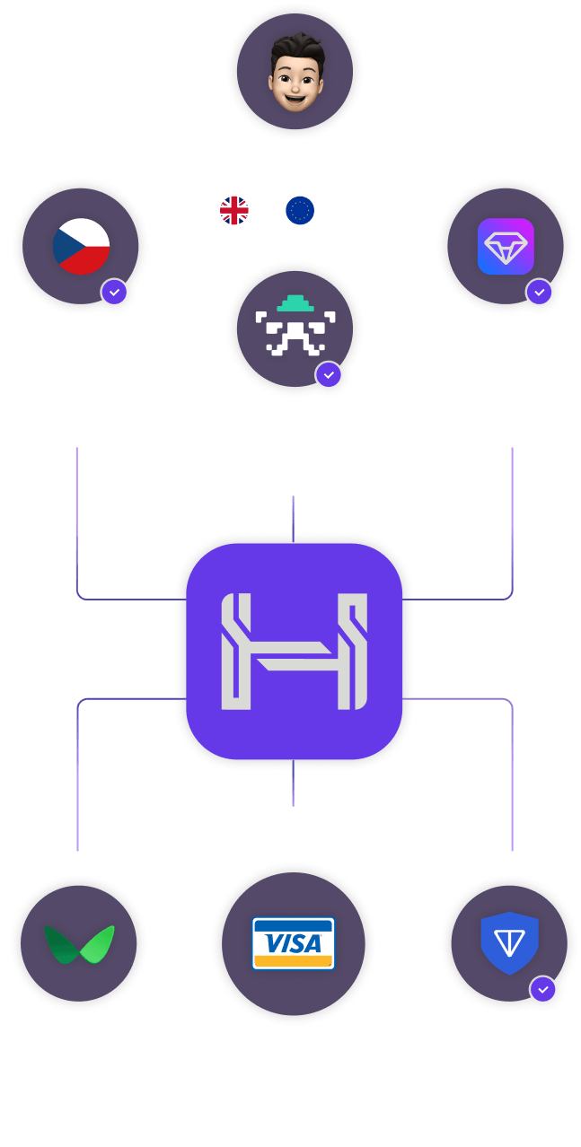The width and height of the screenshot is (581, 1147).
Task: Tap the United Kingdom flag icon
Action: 234,210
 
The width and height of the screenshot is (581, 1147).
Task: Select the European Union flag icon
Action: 299,210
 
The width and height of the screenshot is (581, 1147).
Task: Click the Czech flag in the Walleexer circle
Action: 81,245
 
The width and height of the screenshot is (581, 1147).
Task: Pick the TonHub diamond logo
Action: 506,246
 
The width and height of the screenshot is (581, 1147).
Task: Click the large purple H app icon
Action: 294,651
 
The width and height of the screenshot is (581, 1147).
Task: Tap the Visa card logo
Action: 294,942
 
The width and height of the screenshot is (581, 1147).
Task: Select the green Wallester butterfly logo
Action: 79,944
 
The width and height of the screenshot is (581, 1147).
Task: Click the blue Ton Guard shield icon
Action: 509,943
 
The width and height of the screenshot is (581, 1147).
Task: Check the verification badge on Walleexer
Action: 114,293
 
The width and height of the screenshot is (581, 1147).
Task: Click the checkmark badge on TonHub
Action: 539,293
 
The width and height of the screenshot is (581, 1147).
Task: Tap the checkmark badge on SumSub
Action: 329,374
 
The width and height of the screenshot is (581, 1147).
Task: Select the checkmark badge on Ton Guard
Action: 542,990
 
